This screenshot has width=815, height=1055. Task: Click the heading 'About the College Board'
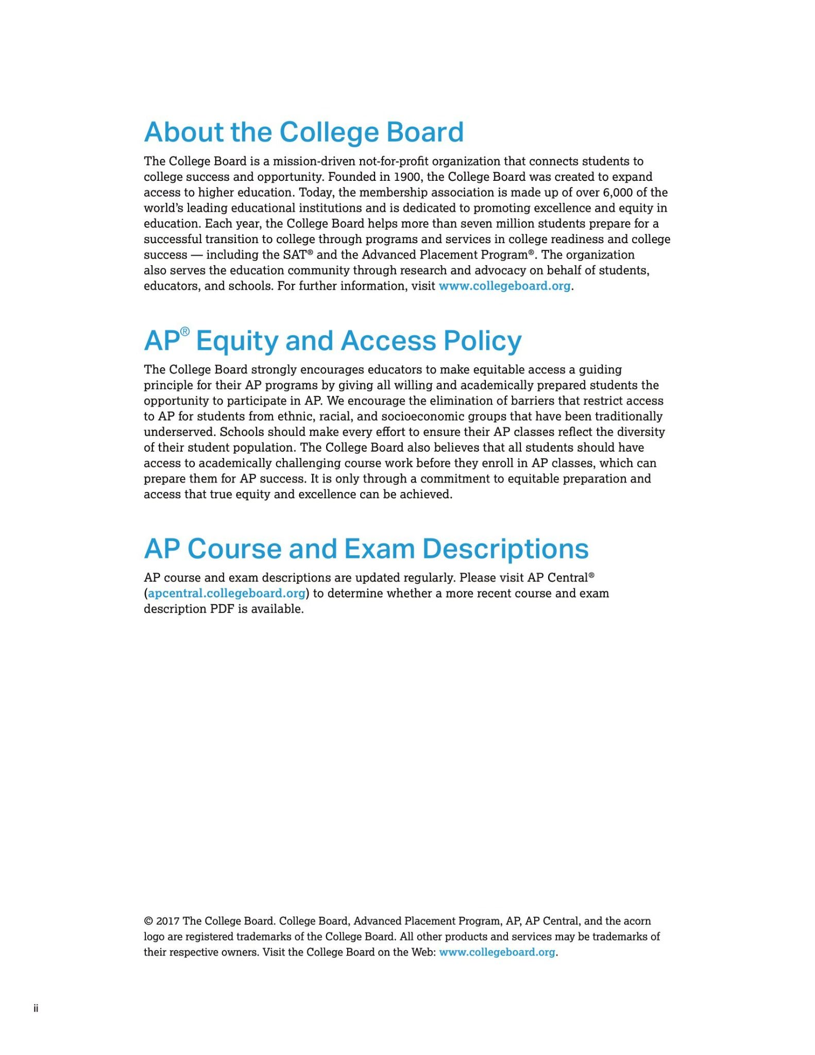(x=303, y=132)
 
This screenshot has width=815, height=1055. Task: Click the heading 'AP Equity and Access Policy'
(x=332, y=341)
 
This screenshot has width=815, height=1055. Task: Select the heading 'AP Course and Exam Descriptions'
(x=366, y=549)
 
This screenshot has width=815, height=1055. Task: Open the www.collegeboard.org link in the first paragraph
(x=504, y=286)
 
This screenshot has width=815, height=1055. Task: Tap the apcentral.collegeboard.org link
(x=227, y=593)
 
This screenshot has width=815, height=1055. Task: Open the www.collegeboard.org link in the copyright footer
(x=497, y=952)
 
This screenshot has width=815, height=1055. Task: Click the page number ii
(x=36, y=1008)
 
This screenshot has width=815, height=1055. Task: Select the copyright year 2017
(x=167, y=921)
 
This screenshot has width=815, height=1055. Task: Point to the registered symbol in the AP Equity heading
(x=185, y=331)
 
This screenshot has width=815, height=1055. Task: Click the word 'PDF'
(x=222, y=609)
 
